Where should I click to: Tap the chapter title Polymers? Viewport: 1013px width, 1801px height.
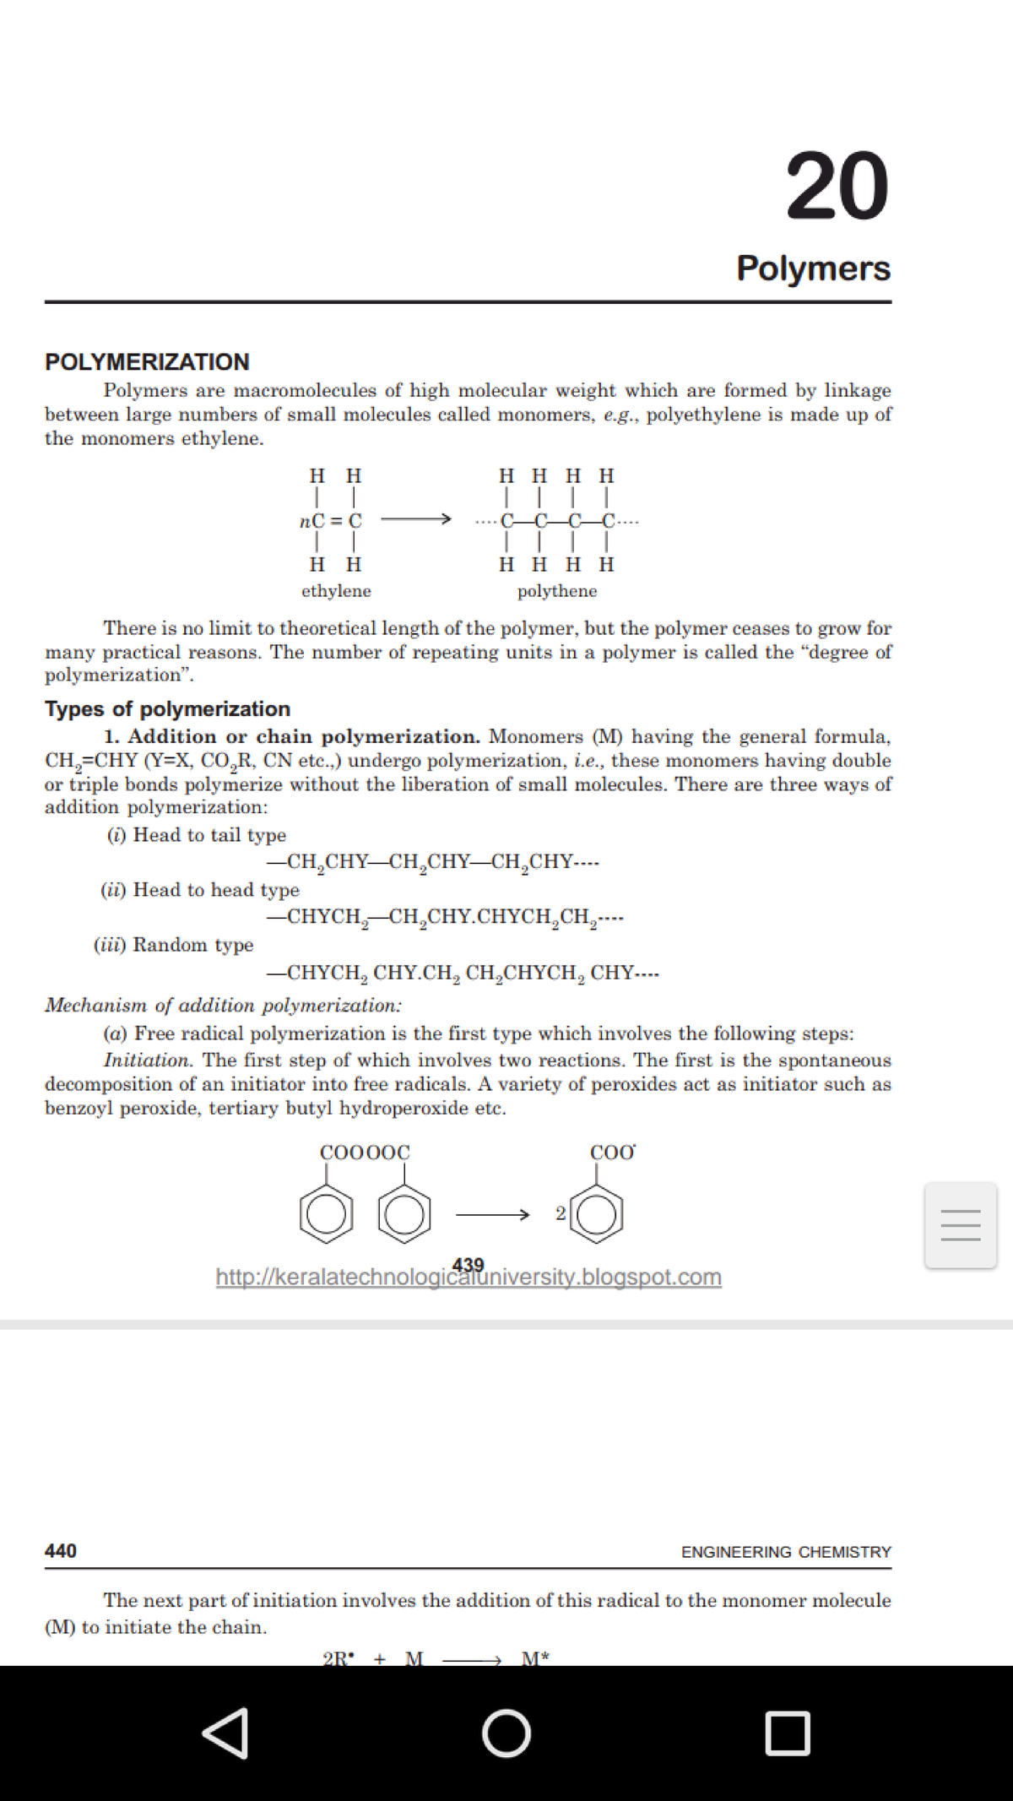(813, 268)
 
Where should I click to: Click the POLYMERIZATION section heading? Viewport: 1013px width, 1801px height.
(147, 361)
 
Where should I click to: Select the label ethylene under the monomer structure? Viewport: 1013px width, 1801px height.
(336, 591)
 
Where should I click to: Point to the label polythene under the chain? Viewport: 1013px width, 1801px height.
(557, 591)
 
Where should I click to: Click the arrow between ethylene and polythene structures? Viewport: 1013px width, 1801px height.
(415, 519)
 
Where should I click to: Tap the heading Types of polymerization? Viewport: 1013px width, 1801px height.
(167, 708)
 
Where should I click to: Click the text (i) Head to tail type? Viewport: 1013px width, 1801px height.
(197, 835)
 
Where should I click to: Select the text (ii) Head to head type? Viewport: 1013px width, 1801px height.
(200, 890)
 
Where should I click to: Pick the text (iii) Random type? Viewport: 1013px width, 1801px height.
(173, 945)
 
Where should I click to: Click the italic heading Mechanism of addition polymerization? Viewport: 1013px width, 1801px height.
(223, 1005)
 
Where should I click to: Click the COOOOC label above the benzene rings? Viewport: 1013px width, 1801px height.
(365, 1153)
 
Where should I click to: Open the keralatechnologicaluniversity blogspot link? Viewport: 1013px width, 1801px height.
(469, 1277)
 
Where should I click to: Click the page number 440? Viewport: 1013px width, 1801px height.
(61, 1550)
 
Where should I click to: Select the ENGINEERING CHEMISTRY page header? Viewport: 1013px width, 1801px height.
(786, 1552)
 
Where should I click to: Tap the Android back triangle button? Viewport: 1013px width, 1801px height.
(225, 1733)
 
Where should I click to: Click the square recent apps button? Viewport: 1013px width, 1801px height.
(788, 1733)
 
